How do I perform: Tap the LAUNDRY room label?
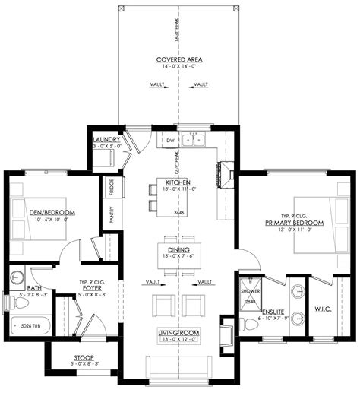(107, 140)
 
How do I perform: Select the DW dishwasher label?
(170, 141)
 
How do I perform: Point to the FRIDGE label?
(112, 186)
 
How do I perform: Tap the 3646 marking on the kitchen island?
(179, 212)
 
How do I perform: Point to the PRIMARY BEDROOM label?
(295, 223)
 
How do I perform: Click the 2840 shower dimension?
(250, 301)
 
